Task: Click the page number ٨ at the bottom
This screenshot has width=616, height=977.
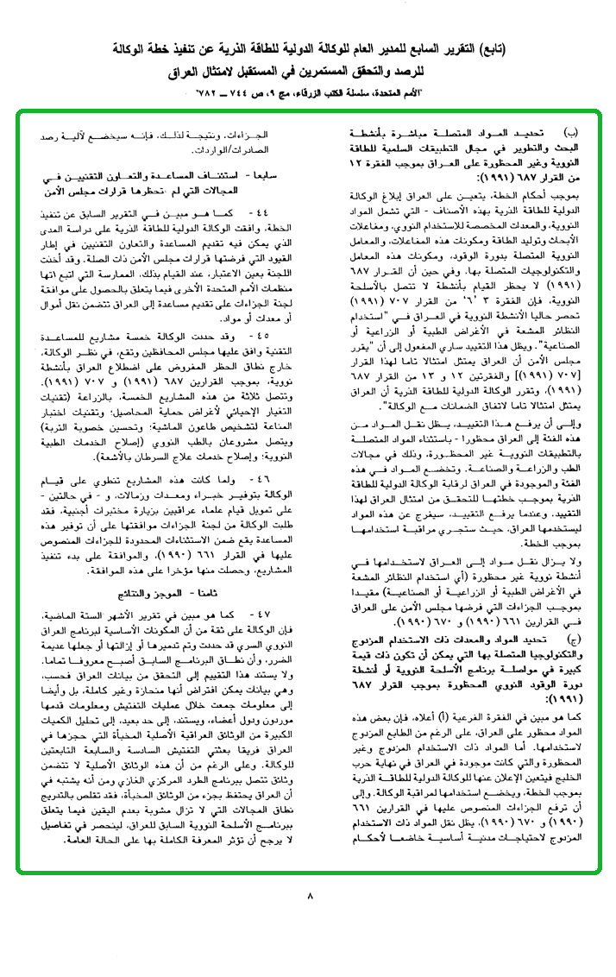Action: pos(310,896)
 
